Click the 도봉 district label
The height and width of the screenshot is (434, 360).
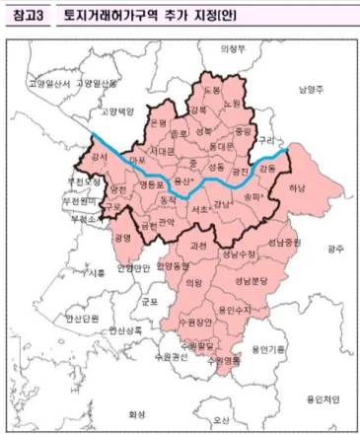[212, 90]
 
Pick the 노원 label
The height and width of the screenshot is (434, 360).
[233, 104]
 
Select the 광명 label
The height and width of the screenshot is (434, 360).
[122, 238]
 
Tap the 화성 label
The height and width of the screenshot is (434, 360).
[138, 413]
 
